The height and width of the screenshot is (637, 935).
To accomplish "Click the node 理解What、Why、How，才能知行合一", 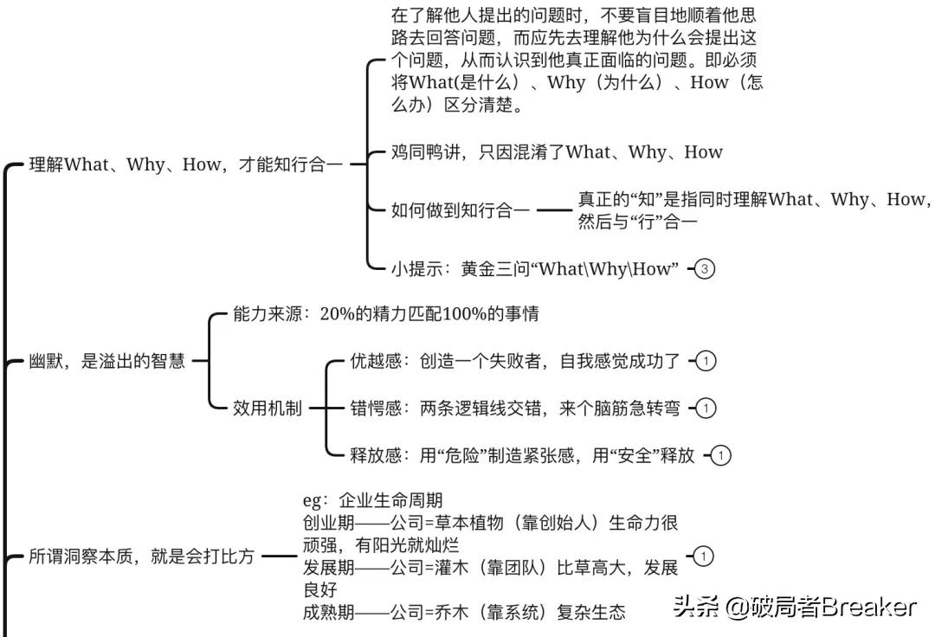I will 186,164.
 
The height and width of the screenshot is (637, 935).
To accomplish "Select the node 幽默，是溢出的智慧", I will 107,361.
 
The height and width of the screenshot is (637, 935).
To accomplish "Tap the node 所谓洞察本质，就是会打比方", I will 142,557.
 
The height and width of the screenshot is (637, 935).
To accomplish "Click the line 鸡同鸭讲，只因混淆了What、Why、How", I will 557,152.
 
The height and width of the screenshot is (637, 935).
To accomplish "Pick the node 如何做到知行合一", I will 460,209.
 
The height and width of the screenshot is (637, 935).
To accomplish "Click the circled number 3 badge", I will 706,269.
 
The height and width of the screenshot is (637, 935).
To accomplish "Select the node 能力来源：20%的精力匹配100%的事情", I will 386,313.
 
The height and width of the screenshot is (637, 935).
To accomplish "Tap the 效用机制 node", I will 268,408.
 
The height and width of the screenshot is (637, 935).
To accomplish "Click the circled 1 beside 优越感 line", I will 706,361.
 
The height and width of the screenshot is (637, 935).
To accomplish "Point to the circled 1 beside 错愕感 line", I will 706,408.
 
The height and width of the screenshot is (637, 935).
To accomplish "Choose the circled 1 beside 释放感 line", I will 721,455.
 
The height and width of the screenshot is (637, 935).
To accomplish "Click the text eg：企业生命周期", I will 373,500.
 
